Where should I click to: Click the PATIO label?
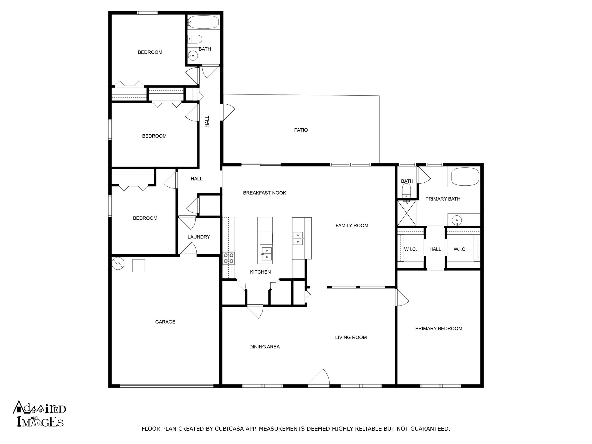pyautogui.click(x=301, y=130)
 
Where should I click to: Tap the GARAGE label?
pyautogui.click(x=165, y=322)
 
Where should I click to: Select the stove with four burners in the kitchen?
pyautogui.click(x=228, y=258)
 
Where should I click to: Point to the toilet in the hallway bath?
pyautogui.click(x=195, y=39)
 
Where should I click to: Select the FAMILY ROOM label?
pyautogui.click(x=351, y=225)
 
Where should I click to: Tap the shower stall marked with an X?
pyautogui.click(x=407, y=213)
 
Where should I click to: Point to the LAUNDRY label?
pyautogui.click(x=199, y=237)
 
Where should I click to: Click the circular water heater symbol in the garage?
pyautogui.click(x=118, y=263)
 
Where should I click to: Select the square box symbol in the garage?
pyautogui.click(x=138, y=266)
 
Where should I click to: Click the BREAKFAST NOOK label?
pyautogui.click(x=264, y=193)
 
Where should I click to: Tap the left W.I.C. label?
pyautogui.click(x=410, y=249)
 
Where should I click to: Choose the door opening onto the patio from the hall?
pyautogui.click(x=227, y=112)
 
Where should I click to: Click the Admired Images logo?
pyautogui.click(x=40, y=414)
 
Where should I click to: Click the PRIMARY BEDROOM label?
pyautogui.click(x=438, y=328)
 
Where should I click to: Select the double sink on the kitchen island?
pyautogui.click(x=267, y=253)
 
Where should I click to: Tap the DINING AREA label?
pyautogui.click(x=264, y=347)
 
